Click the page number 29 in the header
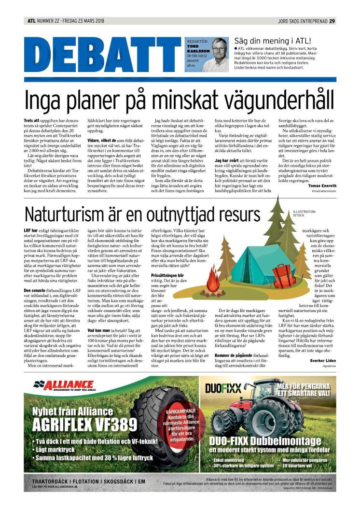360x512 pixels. coord(332,21)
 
